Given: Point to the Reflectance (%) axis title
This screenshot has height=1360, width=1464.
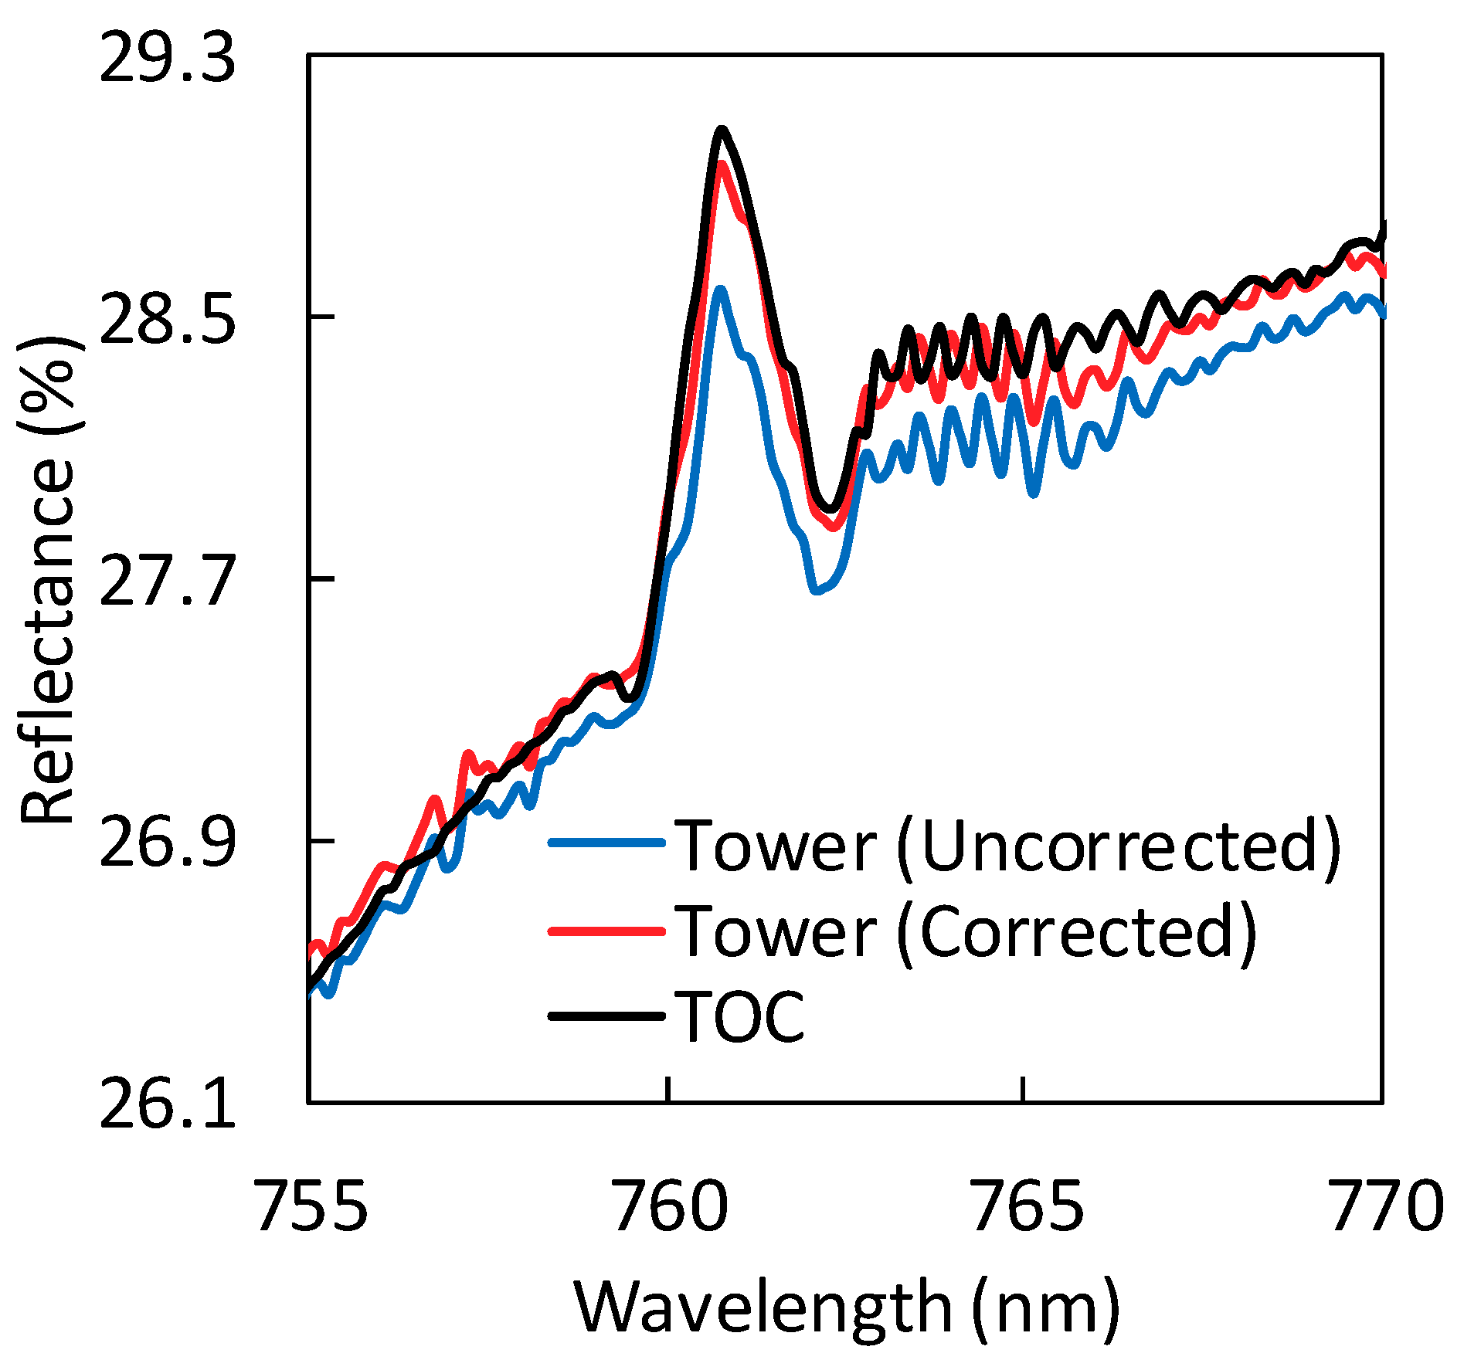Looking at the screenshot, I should coord(48,579).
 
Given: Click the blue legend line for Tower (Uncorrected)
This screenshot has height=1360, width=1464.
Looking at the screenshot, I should coord(606,843).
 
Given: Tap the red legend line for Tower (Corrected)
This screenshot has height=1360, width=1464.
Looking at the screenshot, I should coord(606,931).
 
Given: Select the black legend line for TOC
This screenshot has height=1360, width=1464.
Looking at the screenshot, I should coord(606,1016).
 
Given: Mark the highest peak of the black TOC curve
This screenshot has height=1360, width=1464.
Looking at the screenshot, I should coord(721,129).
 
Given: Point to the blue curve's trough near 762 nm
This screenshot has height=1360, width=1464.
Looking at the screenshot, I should coord(817,592).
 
